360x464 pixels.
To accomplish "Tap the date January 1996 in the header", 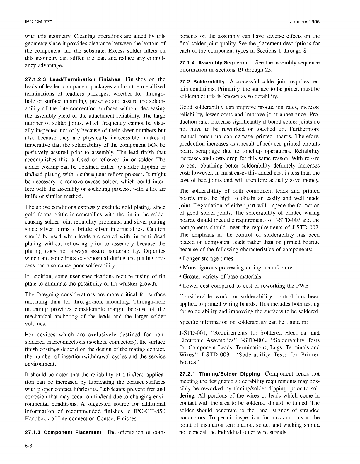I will coord(305,22).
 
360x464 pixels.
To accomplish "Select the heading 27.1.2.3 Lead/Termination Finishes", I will coord(72,79).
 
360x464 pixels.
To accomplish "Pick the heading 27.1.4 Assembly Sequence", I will coord(215,63).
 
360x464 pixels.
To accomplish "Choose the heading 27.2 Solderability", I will coord(202,81).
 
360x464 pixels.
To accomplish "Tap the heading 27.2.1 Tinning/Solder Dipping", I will coord(220,374).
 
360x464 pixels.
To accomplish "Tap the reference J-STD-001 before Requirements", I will coord(192,333).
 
